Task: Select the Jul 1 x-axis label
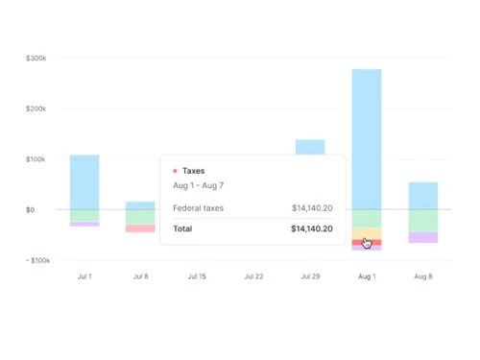[84, 276]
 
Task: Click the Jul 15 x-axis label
[197, 276]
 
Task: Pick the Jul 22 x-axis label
[253, 276]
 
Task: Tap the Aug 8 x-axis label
[422, 276]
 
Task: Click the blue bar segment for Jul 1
[84, 182]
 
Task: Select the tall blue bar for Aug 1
[367, 139]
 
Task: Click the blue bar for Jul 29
[310, 147]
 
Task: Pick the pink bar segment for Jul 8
[140, 228]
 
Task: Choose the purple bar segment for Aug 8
[422, 237]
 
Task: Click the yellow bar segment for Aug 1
[367, 232]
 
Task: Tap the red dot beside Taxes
[175, 171]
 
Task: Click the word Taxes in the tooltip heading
[194, 171]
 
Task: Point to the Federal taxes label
[199, 207]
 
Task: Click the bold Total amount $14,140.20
[311, 229]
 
